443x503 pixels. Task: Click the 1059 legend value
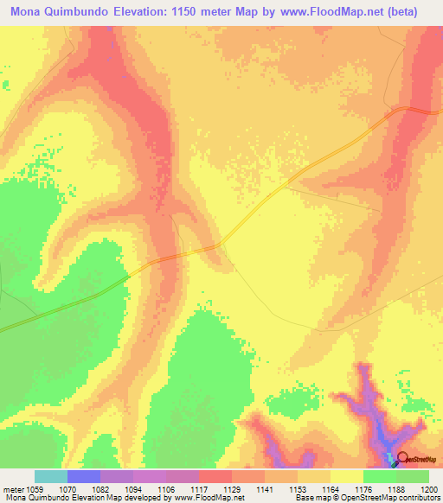click(34, 488)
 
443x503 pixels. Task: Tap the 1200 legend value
click(430, 488)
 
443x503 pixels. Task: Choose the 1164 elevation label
click(331, 488)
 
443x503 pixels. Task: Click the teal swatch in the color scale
click(51, 476)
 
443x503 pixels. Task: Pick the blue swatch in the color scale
click(84, 476)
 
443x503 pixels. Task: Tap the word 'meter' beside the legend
click(12, 488)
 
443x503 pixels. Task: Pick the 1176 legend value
click(364, 488)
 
